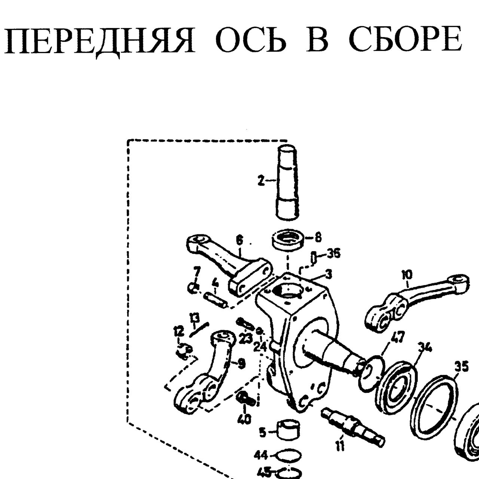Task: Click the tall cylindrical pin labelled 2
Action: pyautogui.click(x=287, y=182)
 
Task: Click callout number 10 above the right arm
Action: pyautogui.click(x=407, y=275)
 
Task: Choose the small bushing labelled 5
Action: pyautogui.click(x=289, y=433)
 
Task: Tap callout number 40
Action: pyautogui.click(x=244, y=419)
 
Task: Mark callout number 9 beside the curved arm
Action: pyautogui.click(x=241, y=364)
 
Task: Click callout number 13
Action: pyautogui.click(x=195, y=318)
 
